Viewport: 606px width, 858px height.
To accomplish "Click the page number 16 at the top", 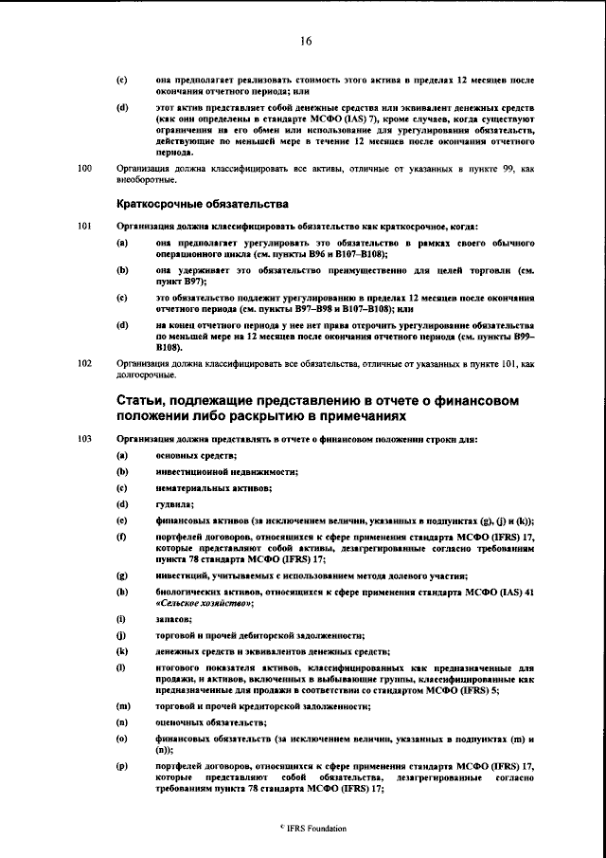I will pyautogui.click(x=305, y=40).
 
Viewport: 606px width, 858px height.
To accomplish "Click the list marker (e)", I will pyautogui.click(x=122, y=520).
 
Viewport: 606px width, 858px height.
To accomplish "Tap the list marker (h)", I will pyautogui.click(x=122, y=591).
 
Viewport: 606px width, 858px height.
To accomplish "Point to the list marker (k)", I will pyautogui.click(x=122, y=651).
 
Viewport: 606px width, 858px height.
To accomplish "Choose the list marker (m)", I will pyautogui.click(x=123, y=705).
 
